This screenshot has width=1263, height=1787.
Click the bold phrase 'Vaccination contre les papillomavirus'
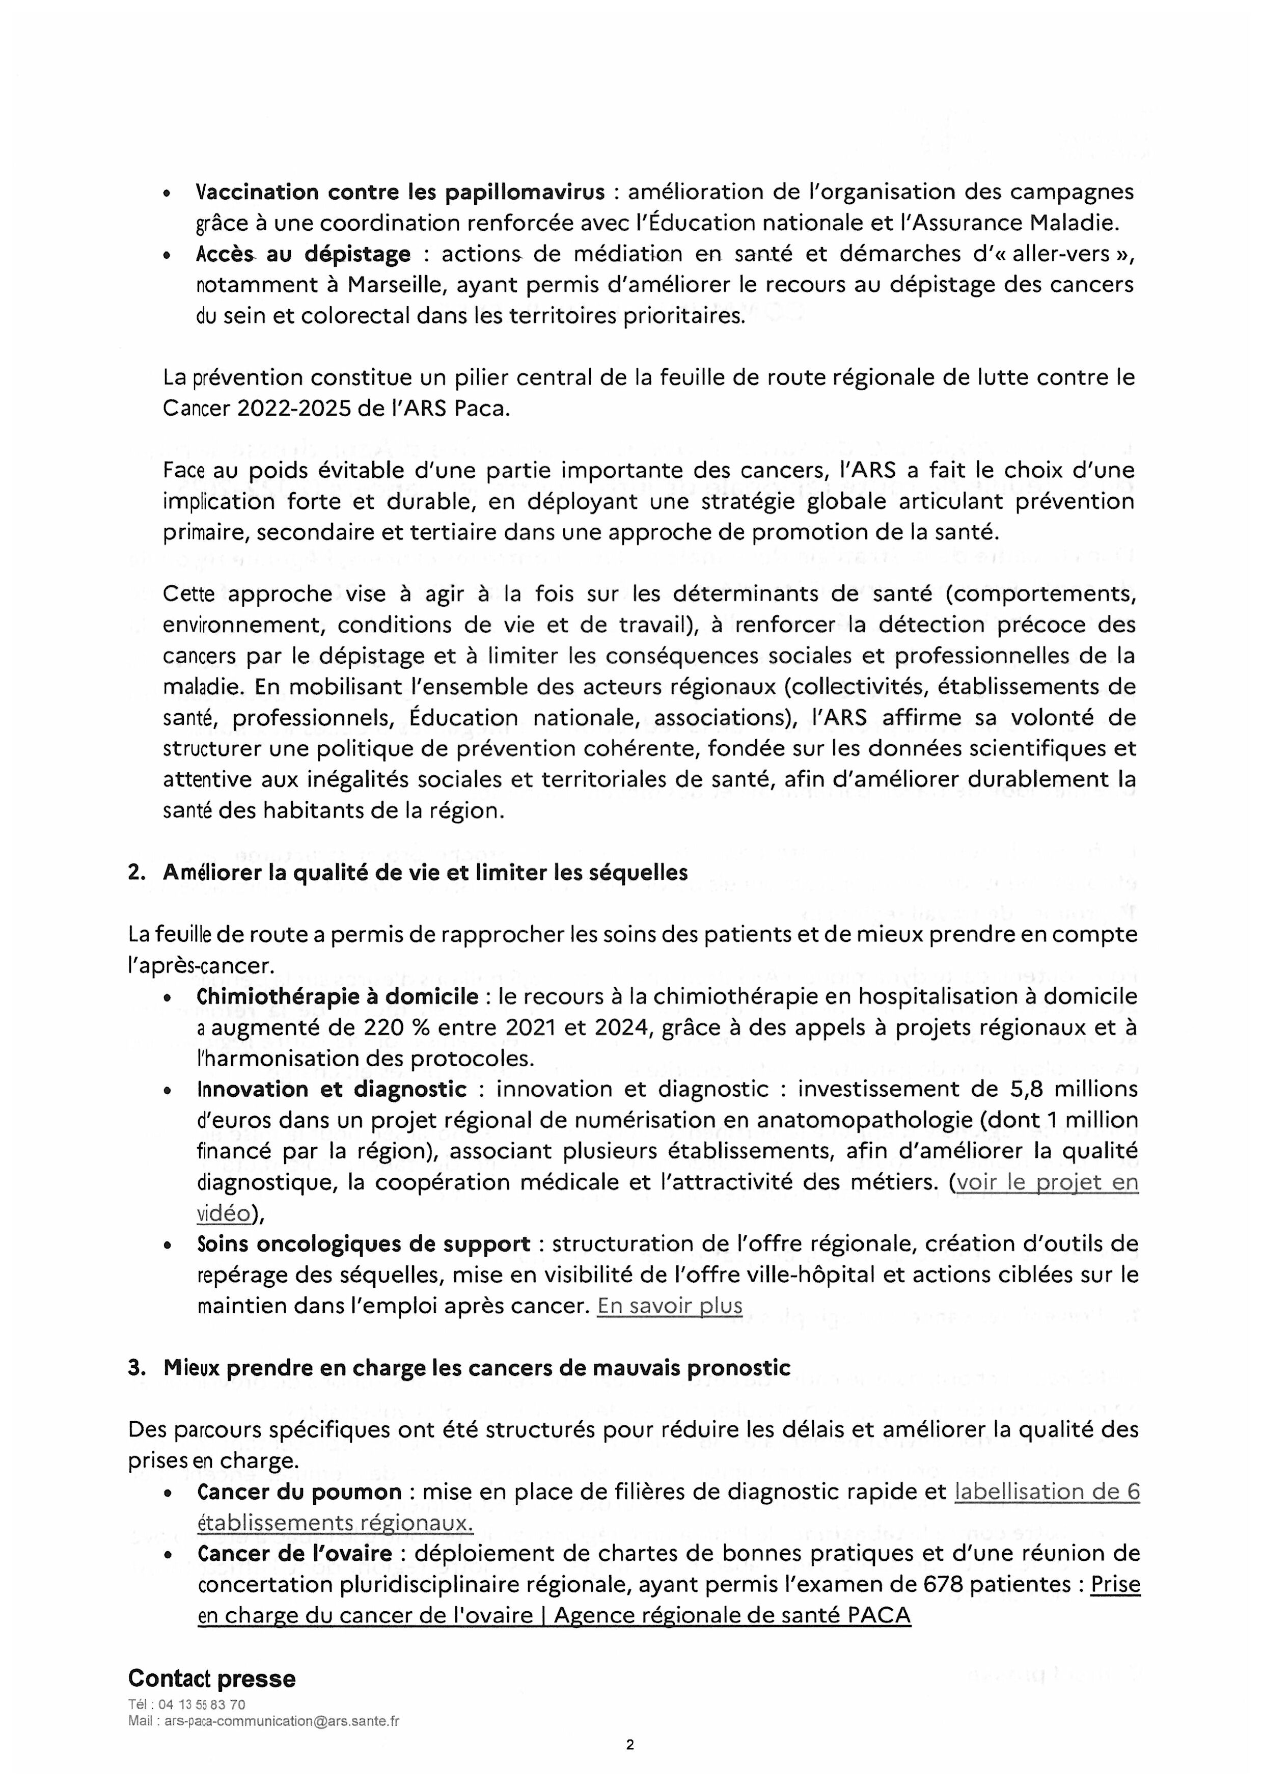pyautogui.click(x=400, y=192)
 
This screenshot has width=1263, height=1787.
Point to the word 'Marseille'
pyautogui.click(x=395, y=285)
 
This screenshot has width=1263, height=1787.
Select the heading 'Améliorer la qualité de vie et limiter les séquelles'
pyautogui.click(x=425, y=873)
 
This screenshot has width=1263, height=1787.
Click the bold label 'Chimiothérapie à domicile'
pyautogui.click(x=338, y=996)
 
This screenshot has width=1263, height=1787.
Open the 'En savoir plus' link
pyautogui.click(x=669, y=1305)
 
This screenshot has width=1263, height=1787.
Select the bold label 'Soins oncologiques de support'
pyautogui.click(x=364, y=1244)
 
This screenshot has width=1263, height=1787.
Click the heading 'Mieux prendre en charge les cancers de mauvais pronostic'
pyautogui.click(x=476, y=1367)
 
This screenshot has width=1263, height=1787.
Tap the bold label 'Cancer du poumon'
pyautogui.click(x=299, y=1491)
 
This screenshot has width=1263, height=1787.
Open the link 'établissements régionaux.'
pyautogui.click(x=336, y=1523)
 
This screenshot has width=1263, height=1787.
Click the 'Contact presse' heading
pyautogui.click(x=212, y=1678)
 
